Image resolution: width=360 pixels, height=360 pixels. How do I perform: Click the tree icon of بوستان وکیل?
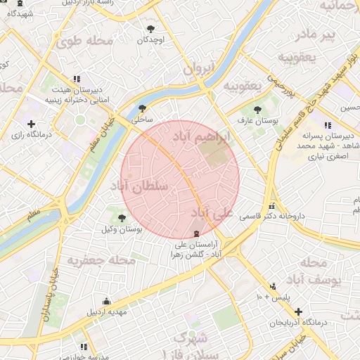(x=122, y=218)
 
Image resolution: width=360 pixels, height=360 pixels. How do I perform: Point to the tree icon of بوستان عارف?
(x=258, y=109)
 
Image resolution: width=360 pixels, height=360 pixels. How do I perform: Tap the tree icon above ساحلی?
(x=143, y=108)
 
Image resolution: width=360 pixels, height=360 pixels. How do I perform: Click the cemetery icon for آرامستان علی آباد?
(x=196, y=233)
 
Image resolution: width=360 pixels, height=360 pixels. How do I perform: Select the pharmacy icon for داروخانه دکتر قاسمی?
(x=271, y=207)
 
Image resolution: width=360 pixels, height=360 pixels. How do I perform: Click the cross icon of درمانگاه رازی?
(x=31, y=124)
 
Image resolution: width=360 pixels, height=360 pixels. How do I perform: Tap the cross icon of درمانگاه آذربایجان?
(x=299, y=311)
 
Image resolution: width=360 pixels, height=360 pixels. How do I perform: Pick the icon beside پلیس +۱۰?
(x=272, y=286)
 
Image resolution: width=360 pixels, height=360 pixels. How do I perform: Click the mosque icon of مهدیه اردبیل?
(x=106, y=302)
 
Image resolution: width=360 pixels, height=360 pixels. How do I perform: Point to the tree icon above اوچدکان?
(x=150, y=29)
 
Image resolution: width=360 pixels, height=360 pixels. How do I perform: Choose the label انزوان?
(x=198, y=70)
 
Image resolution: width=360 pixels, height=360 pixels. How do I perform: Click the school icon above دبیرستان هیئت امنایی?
(x=75, y=79)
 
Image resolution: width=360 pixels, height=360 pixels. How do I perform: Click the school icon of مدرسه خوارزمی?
(x=84, y=347)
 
